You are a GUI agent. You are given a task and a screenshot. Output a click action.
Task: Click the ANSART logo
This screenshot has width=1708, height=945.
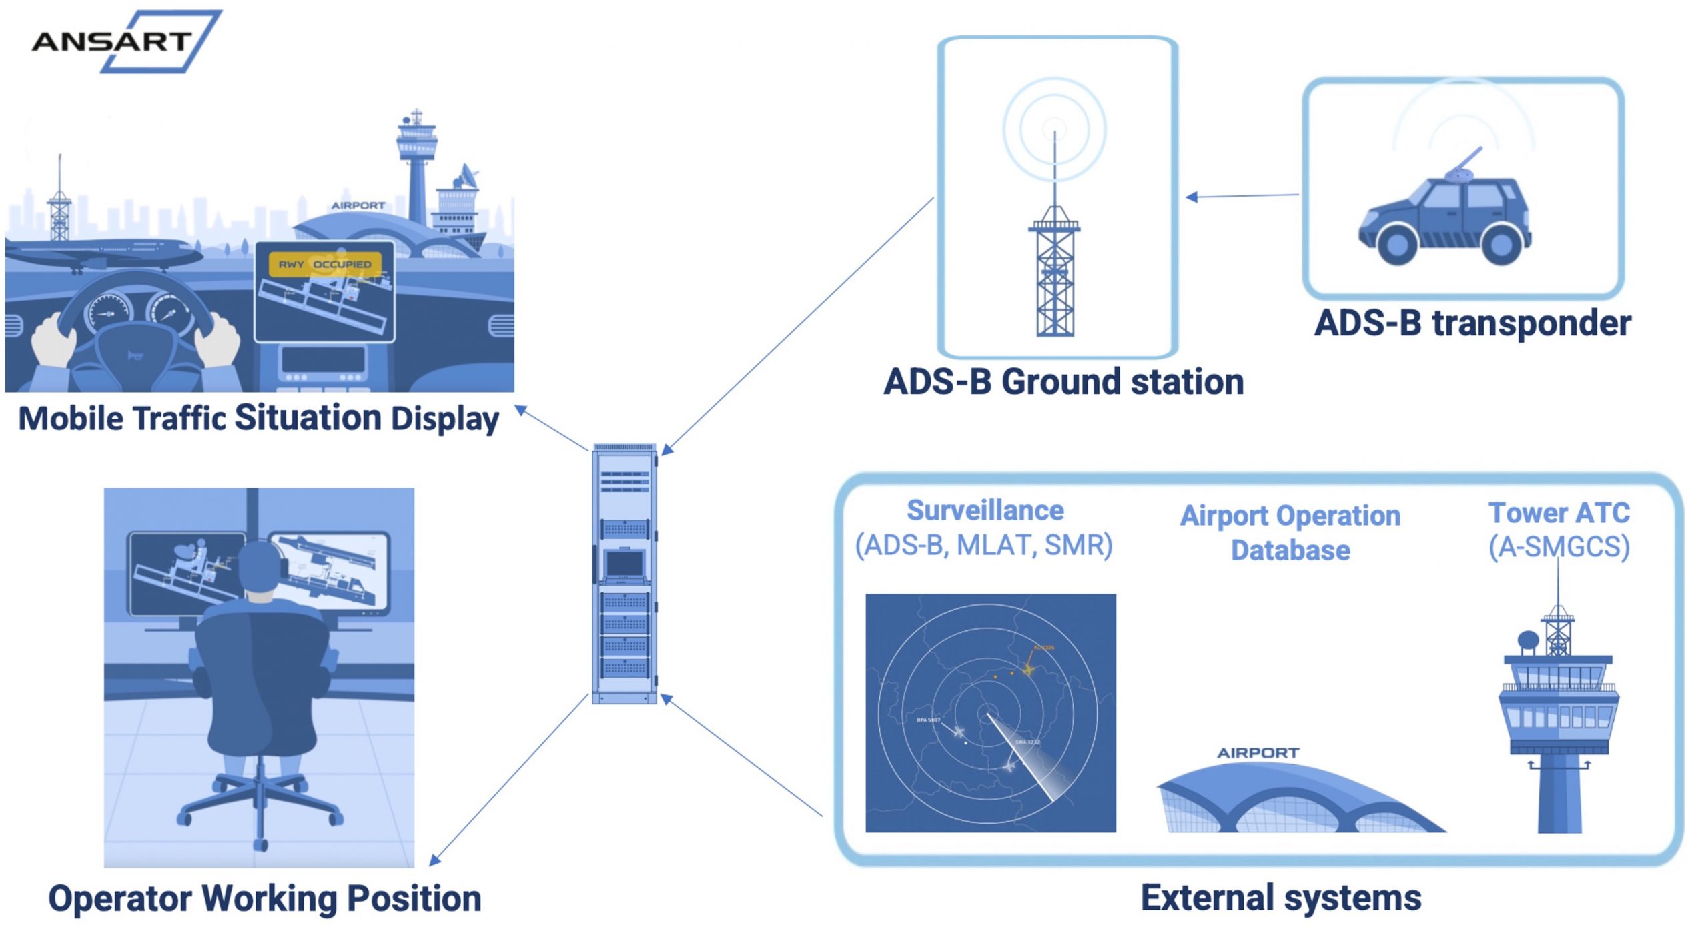(x=120, y=41)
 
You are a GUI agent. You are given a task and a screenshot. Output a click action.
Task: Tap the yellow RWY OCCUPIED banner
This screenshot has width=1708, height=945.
(x=325, y=264)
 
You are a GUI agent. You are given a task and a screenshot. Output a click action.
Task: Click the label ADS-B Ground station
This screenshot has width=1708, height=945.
(x=1063, y=382)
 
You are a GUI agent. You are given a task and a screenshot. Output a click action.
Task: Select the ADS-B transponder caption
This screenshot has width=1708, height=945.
(x=1472, y=323)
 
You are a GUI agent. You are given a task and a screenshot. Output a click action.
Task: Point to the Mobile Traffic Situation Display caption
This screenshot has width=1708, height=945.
(x=259, y=419)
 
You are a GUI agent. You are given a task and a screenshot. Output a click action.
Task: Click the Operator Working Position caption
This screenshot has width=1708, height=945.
(x=265, y=898)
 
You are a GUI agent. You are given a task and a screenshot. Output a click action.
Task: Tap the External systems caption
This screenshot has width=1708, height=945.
(x=1281, y=897)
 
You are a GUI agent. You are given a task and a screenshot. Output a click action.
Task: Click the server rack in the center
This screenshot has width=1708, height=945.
(x=624, y=574)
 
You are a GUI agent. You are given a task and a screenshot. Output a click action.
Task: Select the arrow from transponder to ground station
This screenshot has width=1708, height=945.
(x=1242, y=196)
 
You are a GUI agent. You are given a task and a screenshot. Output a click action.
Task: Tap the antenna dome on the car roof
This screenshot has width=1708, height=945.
(x=1458, y=175)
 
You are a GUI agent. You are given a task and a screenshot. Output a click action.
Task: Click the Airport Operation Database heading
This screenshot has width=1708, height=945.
(x=1290, y=533)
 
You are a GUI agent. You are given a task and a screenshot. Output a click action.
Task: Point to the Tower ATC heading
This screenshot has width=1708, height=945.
(x=1559, y=513)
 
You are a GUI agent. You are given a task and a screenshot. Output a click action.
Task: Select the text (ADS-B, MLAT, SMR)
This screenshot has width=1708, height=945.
(x=984, y=546)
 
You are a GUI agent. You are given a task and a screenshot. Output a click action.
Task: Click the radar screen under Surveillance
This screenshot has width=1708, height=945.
(x=991, y=712)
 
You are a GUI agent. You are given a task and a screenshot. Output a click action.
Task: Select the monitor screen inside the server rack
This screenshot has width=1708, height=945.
(x=624, y=564)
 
